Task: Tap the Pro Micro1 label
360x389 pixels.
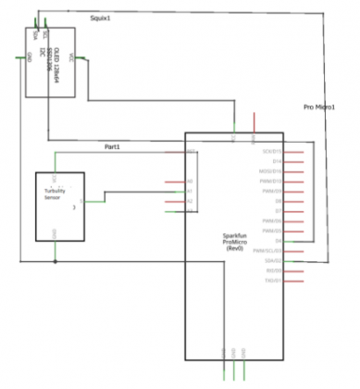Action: (x=318, y=107)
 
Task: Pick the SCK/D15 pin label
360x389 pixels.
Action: (x=271, y=151)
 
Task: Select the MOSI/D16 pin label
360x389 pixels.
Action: (x=270, y=171)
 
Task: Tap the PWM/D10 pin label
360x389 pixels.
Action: (x=270, y=182)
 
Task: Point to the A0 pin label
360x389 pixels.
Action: (x=190, y=181)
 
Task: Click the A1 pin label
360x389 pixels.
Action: (x=190, y=191)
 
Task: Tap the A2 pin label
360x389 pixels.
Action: (x=190, y=201)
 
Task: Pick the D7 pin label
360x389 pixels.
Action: (x=276, y=211)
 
